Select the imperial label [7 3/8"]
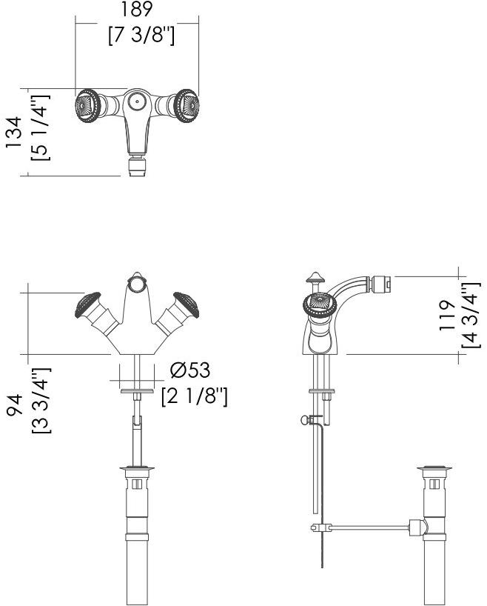(x=141, y=35)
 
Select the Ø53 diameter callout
(x=190, y=370)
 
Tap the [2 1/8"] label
(x=194, y=396)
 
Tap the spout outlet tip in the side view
(x=381, y=282)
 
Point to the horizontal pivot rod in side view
(x=368, y=528)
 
